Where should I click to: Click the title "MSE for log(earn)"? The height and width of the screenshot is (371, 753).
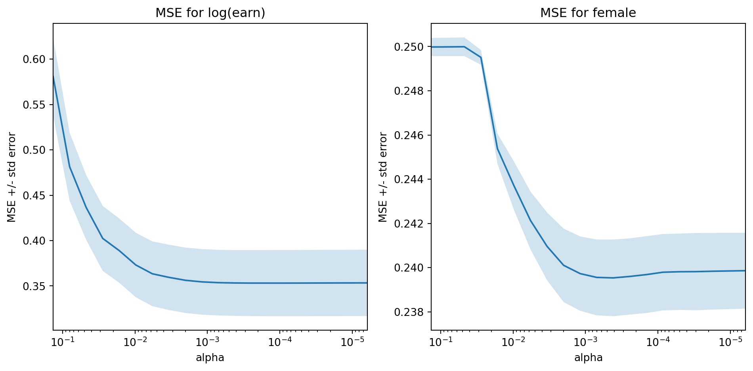click(210, 13)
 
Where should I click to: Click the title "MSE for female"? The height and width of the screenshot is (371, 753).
click(588, 13)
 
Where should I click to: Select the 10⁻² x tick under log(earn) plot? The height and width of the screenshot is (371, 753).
click(135, 342)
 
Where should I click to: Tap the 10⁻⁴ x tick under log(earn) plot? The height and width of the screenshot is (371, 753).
click(280, 342)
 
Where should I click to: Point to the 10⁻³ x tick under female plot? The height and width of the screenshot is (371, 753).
click(586, 342)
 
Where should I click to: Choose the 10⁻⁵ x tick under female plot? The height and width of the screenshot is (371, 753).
click(730, 342)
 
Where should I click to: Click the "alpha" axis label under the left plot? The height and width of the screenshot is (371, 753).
click(210, 358)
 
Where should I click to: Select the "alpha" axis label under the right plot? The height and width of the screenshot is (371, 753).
click(588, 358)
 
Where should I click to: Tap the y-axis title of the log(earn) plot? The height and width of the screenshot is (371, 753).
click(12, 177)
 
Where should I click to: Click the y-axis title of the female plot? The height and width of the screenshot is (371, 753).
click(383, 177)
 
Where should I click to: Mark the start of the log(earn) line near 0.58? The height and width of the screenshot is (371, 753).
click(54, 75)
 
